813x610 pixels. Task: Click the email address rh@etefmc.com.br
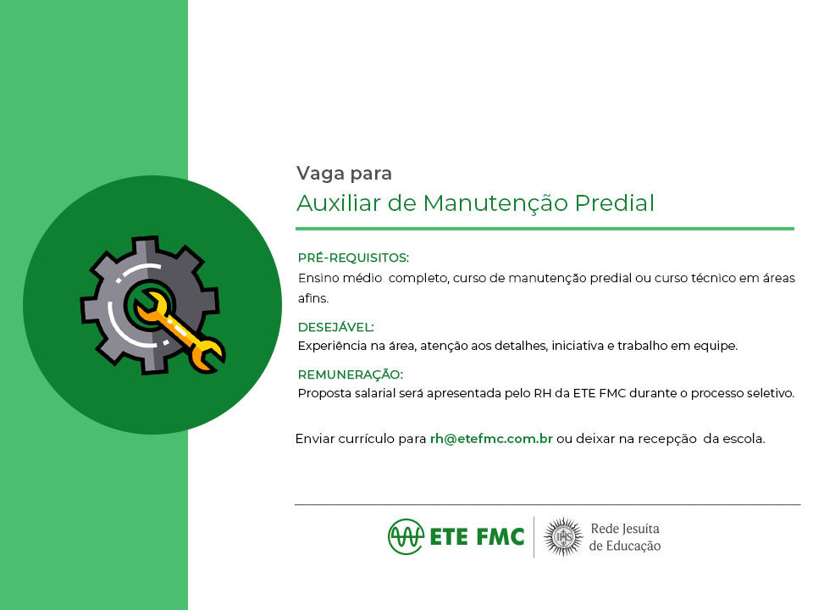(x=491, y=439)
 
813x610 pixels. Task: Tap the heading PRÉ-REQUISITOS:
(x=353, y=258)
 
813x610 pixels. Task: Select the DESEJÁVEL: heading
(x=335, y=327)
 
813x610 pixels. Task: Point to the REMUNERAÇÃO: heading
(x=350, y=374)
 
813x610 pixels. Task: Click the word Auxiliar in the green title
(x=339, y=202)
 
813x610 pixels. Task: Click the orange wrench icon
(x=180, y=331)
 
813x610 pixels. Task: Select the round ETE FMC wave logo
(x=406, y=536)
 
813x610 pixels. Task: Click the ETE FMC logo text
(x=477, y=537)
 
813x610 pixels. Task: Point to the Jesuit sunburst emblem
(x=563, y=537)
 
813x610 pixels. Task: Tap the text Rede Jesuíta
(x=625, y=529)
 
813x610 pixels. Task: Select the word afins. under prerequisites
(x=313, y=298)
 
